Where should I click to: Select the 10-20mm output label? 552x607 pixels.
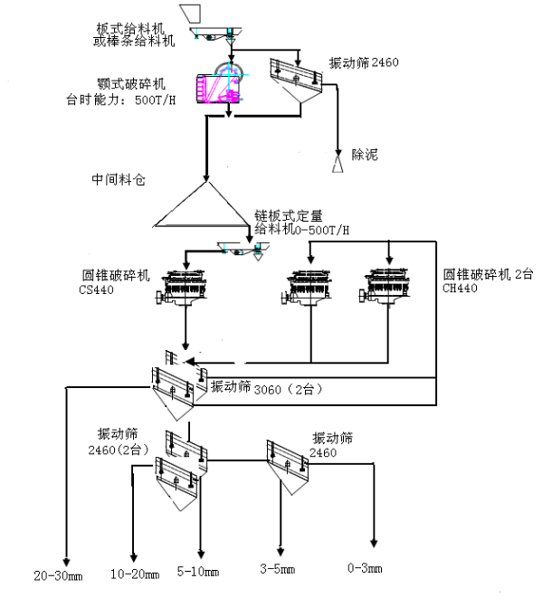point(134,574)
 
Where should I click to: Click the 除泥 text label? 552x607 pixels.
point(365,156)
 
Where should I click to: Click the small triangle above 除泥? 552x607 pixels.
point(338,165)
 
